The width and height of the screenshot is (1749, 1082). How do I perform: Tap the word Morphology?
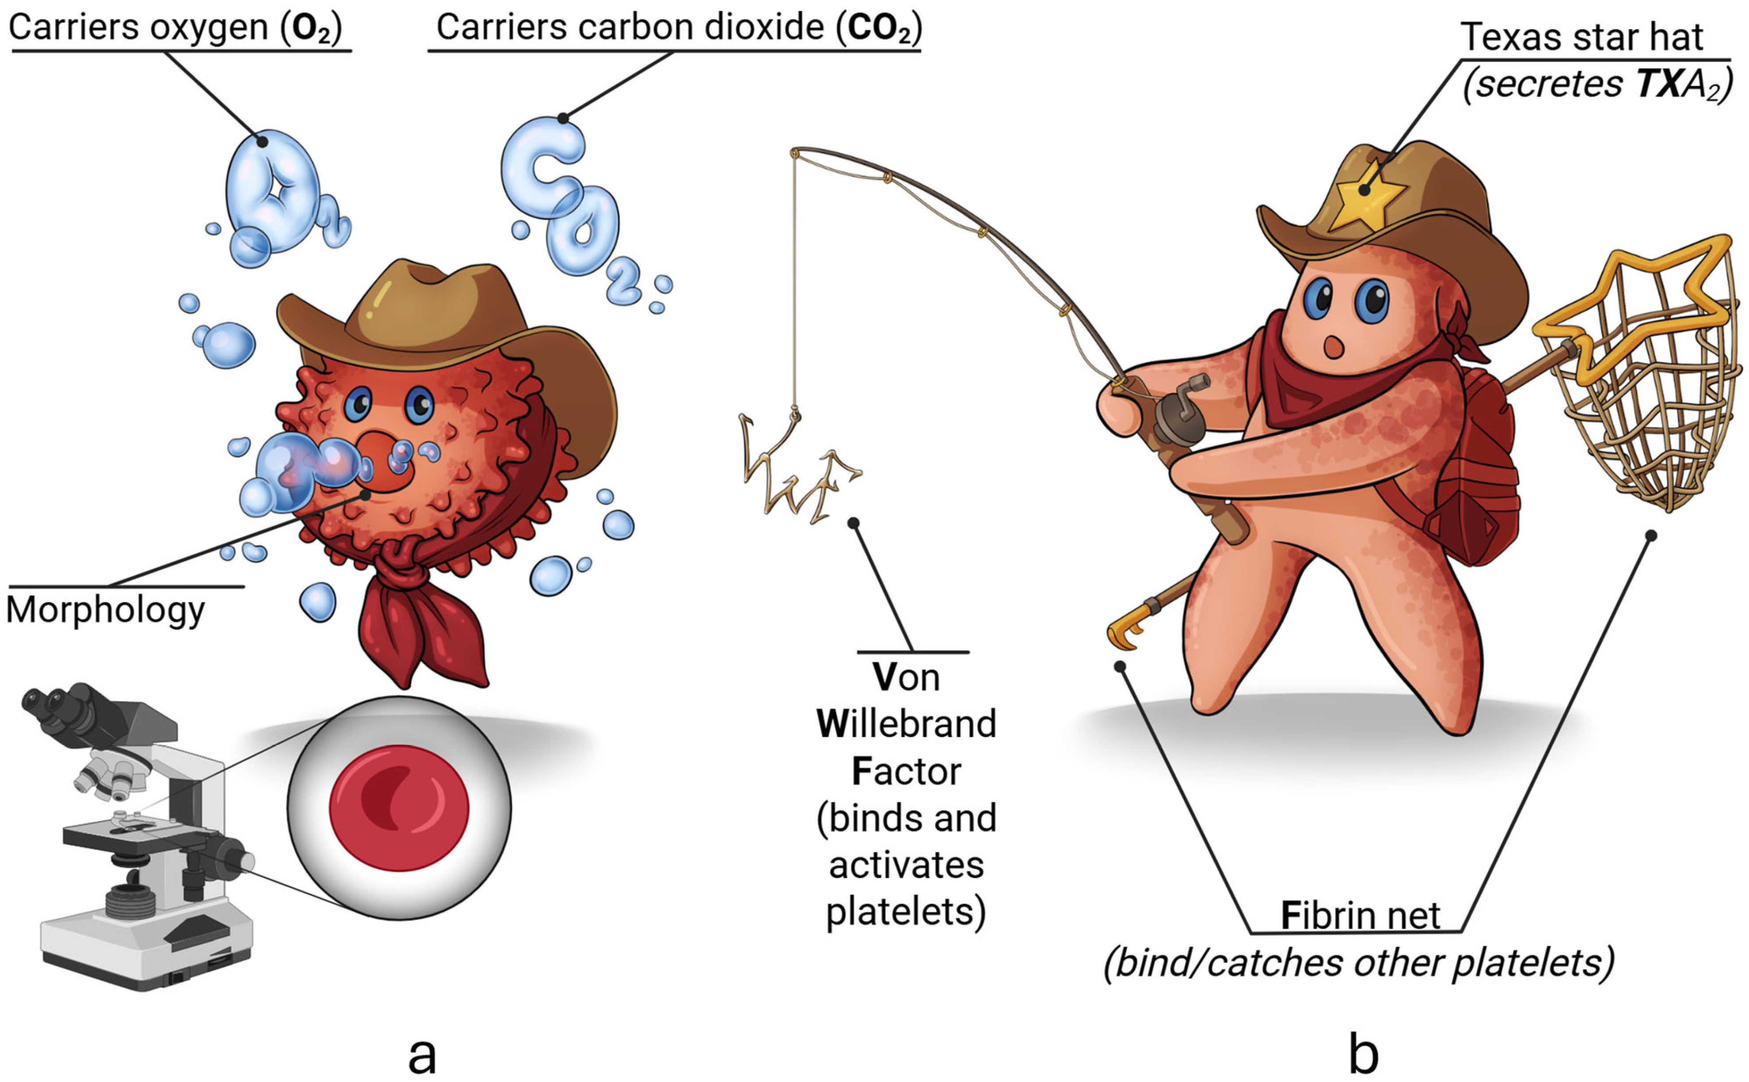(x=106, y=611)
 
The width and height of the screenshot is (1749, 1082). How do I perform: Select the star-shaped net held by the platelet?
(x=1646, y=372)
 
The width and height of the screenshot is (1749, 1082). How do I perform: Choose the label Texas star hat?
(x=1582, y=37)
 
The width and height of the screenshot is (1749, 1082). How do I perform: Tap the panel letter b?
(x=1363, y=1052)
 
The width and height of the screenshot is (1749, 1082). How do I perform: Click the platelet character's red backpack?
(x=1474, y=472)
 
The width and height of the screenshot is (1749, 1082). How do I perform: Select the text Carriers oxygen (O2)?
(x=175, y=27)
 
